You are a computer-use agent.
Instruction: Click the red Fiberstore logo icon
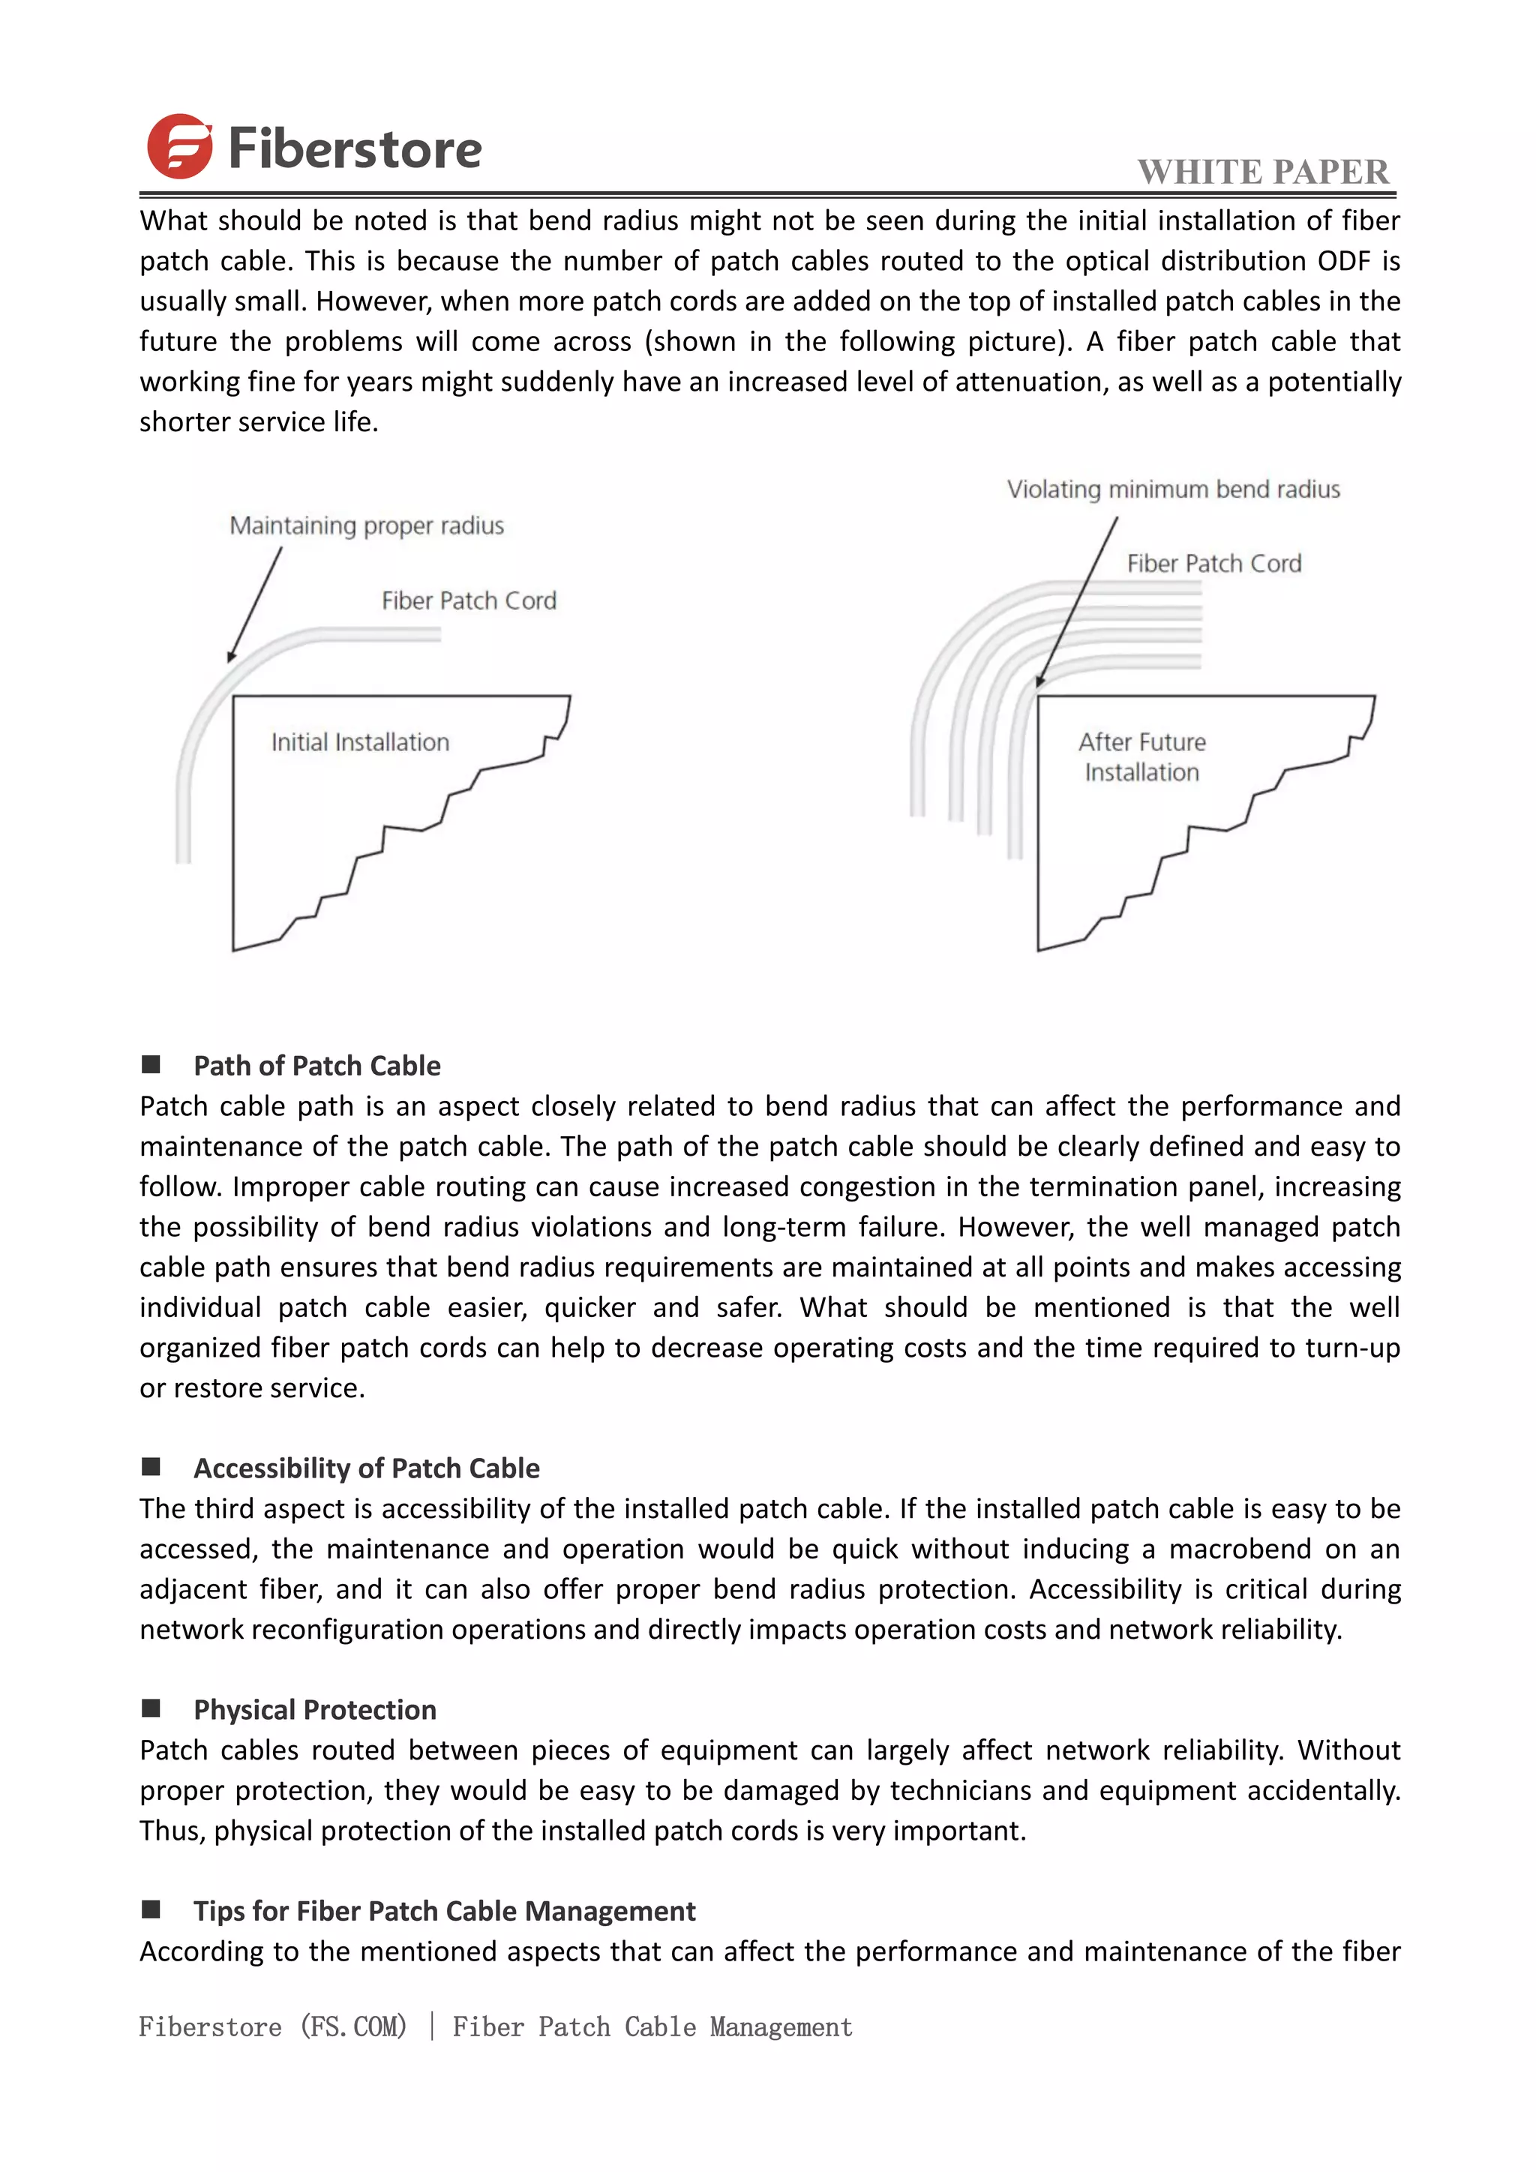pyautogui.click(x=180, y=147)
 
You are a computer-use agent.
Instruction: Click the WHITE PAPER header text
pyautogui.click(x=1263, y=172)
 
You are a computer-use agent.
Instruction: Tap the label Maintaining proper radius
pyautogui.click(x=366, y=526)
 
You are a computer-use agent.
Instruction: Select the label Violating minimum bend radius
pyautogui.click(x=1173, y=490)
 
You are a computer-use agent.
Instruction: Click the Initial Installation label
pyautogui.click(x=360, y=742)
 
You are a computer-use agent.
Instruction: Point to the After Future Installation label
pyautogui.click(x=1141, y=757)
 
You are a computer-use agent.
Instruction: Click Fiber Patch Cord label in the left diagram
pyautogui.click(x=468, y=601)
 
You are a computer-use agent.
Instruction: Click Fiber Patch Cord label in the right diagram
pyautogui.click(x=1213, y=564)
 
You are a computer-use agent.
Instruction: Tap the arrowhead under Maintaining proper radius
pyautogui.click(x=232, y=655)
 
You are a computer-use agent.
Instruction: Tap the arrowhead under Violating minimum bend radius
pyautogui.click(x=1039, y=680)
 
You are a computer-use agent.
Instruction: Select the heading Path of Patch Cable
pyautogui.click(x=316, y=1066)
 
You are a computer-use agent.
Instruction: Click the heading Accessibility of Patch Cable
pyautogui.click(x=366, y=1468)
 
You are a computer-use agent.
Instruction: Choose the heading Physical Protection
pyautogui.click(x=315, y=1709)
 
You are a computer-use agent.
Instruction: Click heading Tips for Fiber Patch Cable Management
pyautogui.click(x=445, y=1911)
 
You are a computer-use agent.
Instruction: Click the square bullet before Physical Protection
pyautogui.click(x=151, y=1708)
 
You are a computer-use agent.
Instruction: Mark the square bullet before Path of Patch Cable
pyautogui.click(x=151, y=1065)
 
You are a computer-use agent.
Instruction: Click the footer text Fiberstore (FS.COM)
pyautogui.click(x=272, y=2026)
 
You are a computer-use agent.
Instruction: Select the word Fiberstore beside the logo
pyautogui.click(x=355, y=149)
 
